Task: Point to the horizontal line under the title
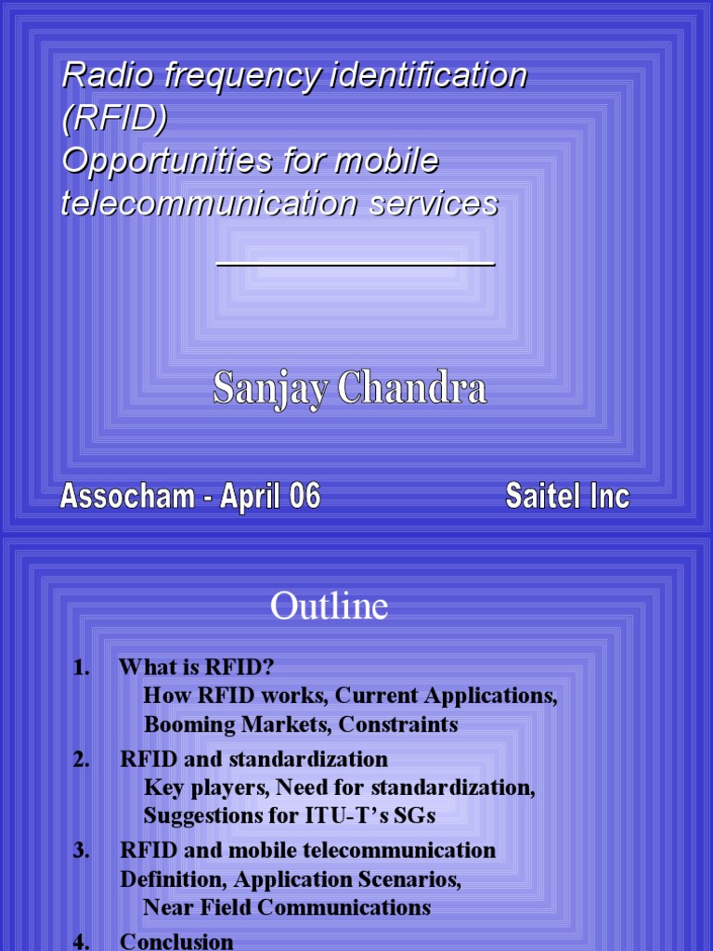tap(356, 265)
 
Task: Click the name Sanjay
tap(270, 388)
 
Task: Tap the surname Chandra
tap(412, 388)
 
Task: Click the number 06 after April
tap(304, 497)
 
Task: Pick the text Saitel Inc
tap(567, 497)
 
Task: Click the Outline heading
tap(329, 607)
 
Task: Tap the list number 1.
tap(81, 668)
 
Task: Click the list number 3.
tap(81, 851)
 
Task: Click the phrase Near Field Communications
tap(287, 907)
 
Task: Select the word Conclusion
tap(176, 942)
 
